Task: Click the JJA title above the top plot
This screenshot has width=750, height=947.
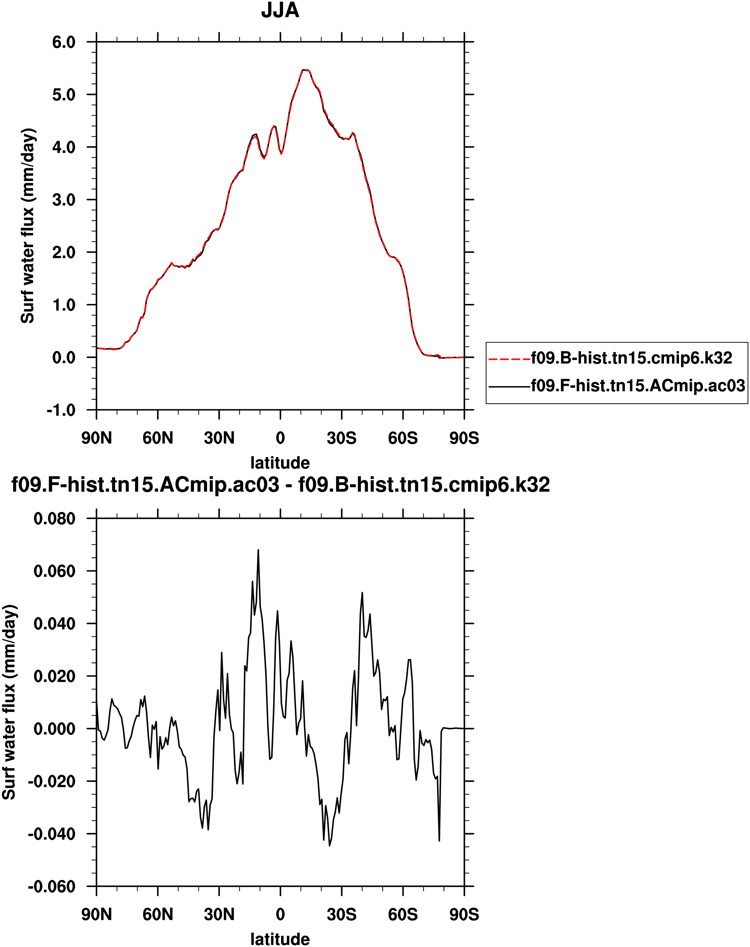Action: (x=280, y=11)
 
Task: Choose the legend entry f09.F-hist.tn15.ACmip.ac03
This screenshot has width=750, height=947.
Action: (x=637, y=386)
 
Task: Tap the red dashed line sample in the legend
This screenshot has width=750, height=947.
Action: (x=509, y=359)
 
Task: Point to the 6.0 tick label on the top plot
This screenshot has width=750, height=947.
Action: (x=64, y=42)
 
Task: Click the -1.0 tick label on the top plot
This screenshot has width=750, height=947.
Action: (x=61, y=410)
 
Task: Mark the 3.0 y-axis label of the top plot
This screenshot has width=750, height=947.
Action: (x=64, y=200)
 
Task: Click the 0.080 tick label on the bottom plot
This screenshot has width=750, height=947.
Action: (x=54, y=519)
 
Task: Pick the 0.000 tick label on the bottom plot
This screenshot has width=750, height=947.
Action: (x=54, y=729)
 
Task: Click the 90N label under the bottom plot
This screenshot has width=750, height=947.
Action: (x=97, y=915)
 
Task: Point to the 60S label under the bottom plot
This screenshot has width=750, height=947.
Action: (x=403, y=915)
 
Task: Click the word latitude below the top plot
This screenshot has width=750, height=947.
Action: (x=280, y=462)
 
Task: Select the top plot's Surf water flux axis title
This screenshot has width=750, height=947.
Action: (x=27, y=226)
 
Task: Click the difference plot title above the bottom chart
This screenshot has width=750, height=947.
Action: (x=280, y=485)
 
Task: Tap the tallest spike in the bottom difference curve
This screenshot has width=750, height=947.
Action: (x=258, y=550)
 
